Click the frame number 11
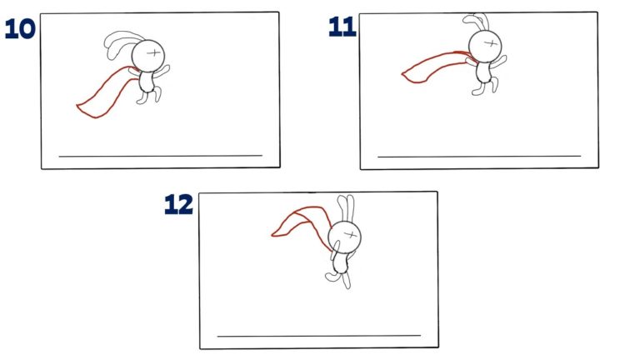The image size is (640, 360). tap(342, 27)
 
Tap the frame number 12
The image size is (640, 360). tap(178, 204)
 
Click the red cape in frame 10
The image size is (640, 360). tap(103, 93)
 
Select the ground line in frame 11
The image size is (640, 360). tap(479, 156)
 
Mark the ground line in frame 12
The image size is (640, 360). tap(319, 336)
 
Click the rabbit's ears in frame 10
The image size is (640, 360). tap(117, 44)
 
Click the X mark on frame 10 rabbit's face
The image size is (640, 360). tap(154, 52)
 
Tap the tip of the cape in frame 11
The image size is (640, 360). tap(405, 76)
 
